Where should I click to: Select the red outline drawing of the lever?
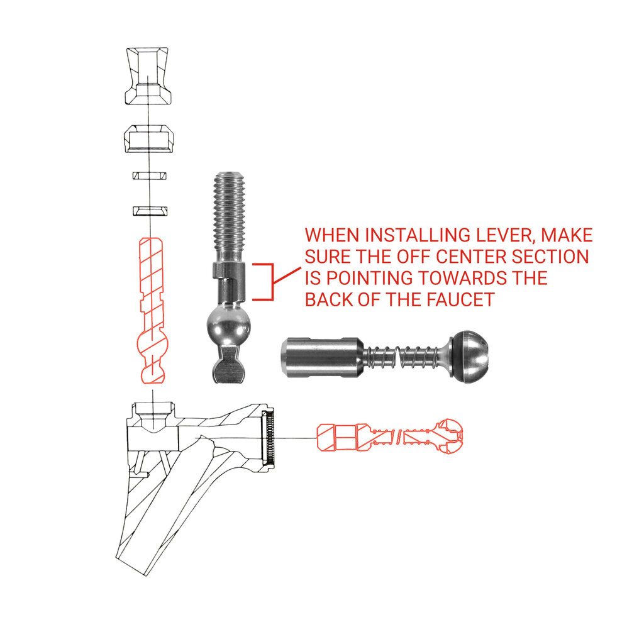coord(152,310)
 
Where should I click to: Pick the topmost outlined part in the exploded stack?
coord(147,75)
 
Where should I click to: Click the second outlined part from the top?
coord(149,138)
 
